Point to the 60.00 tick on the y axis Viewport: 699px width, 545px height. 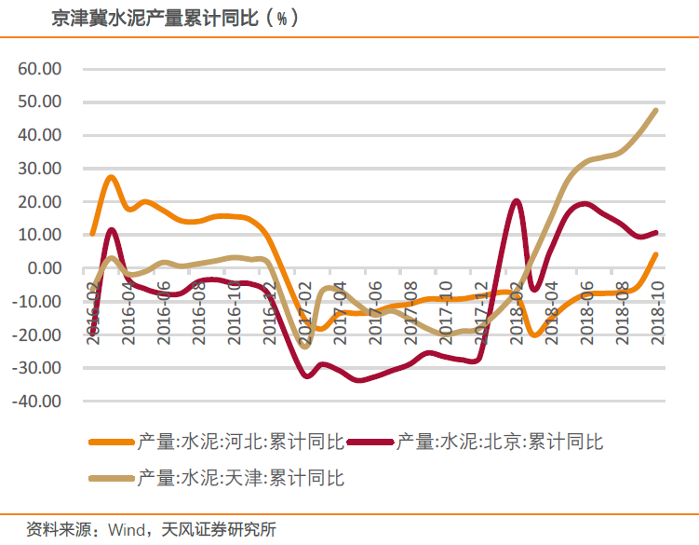click(x=39, y=69)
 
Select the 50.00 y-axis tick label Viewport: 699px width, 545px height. click(x=39, y=102)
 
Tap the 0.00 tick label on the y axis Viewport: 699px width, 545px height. click(x=44, y=268)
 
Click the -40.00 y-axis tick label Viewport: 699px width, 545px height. click(x=36, y=402)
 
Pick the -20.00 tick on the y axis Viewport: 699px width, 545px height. click(x=36, y=334)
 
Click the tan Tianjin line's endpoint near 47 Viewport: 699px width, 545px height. click(x=655, y=110)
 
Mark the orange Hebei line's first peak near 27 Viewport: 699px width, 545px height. click(x=111, y=177)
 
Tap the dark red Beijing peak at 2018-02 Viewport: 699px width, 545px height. click(x=517, y=201)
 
